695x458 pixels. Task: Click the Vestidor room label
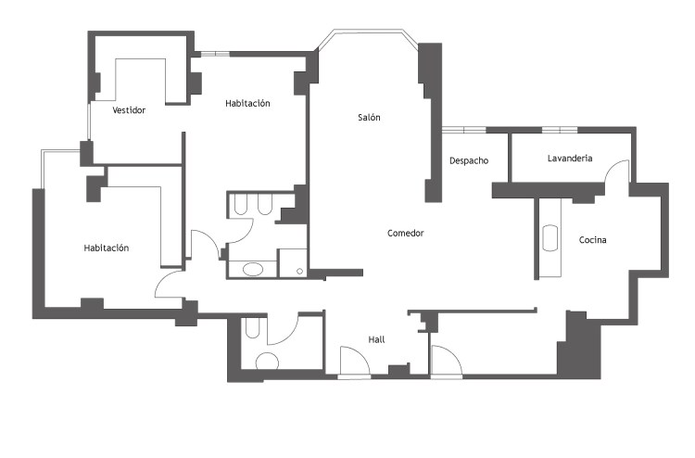[129, 110]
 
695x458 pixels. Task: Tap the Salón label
[369, 118]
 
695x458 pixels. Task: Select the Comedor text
[406, 234]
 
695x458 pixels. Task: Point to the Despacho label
[469, 160]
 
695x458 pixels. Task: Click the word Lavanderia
[570, 159]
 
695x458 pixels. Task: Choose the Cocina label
[593, 240]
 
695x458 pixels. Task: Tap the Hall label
[376, 339]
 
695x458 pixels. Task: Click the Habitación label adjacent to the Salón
[247, 103]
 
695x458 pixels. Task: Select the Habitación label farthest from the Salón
[107, 248]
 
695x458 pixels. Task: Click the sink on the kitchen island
[550, 238]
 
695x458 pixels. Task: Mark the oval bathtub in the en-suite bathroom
[253, 269]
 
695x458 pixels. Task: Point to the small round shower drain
[299, 271]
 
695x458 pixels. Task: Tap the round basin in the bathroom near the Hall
[267, 362]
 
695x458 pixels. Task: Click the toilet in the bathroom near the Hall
[252, 328]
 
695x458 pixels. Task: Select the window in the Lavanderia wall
[560, 130]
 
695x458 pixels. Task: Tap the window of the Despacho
[463, 130]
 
